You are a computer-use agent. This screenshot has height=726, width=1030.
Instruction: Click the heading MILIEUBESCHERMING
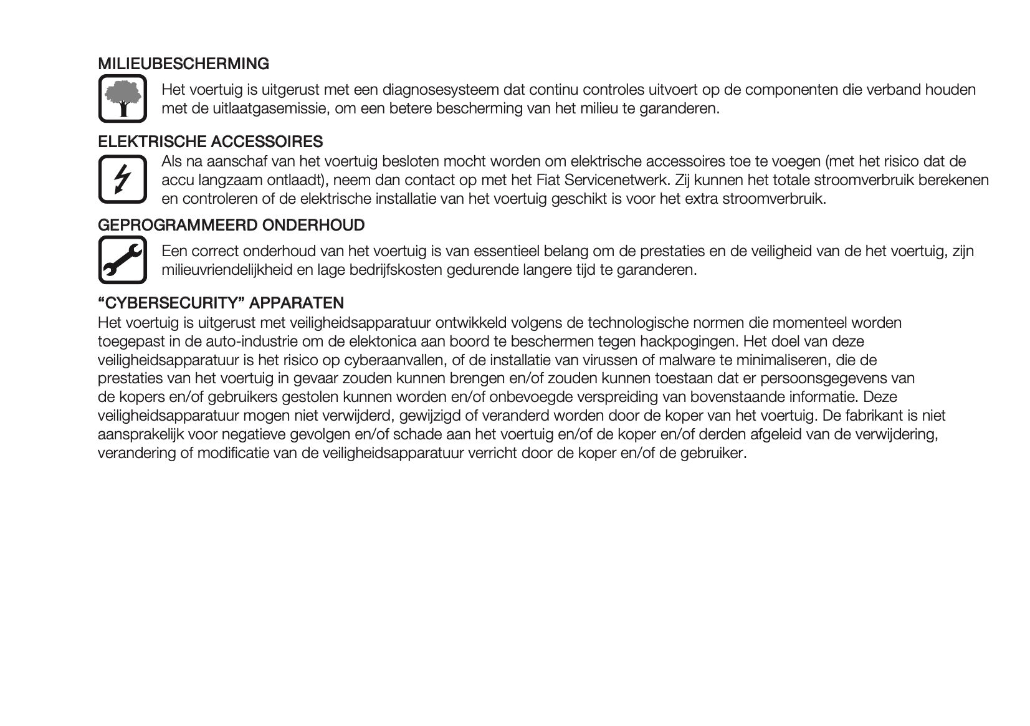[x=183, y=64]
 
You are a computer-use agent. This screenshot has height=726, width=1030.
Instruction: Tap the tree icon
[x=122, y=98]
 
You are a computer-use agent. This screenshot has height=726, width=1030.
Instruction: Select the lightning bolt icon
[x=122, y=179]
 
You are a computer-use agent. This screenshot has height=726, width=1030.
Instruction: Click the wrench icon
[x=122, y=260]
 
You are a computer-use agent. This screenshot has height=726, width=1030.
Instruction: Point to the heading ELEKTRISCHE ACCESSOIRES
[x=210, y=142]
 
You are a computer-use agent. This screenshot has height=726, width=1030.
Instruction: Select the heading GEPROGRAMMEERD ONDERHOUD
[x=231, y=225]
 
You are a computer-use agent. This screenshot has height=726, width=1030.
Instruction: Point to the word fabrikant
[x=873, y=416]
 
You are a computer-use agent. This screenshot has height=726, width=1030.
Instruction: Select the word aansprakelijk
[x=140, y=434]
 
